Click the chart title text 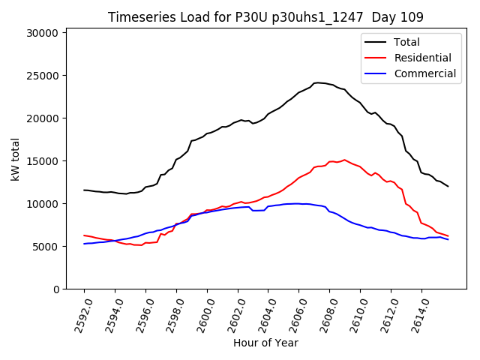265,16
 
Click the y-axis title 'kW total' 15,160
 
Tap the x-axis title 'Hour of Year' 265,343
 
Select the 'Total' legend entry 407,42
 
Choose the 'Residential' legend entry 422,58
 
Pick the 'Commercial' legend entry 424,73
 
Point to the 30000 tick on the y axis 43,33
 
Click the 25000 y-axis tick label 43,76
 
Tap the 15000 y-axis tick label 43,161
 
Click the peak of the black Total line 317,82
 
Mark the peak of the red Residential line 344,160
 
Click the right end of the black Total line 448,186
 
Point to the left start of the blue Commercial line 84,244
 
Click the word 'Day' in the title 375,16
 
